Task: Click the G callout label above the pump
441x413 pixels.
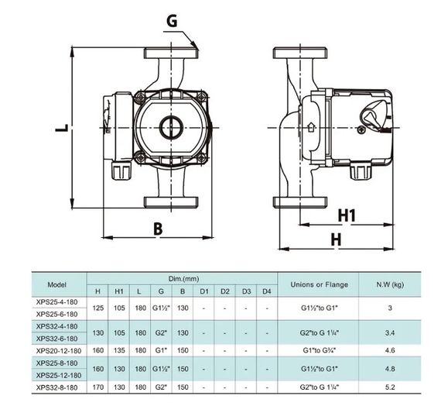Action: tap(172, 21)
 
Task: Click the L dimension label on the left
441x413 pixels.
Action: tap(62, 128)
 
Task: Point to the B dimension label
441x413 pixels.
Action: tap(158, 229)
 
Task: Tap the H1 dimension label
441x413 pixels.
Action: tap(347, 215)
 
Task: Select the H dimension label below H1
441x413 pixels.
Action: tap(336, 239)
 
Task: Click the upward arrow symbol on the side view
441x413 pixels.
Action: tap(311, 127)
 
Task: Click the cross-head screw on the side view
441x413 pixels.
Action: tap(361, 130)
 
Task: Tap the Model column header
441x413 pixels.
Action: tap(56, 284)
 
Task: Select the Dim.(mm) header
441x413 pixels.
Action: tap(183, 279)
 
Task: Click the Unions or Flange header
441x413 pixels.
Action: tap(320, 284)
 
